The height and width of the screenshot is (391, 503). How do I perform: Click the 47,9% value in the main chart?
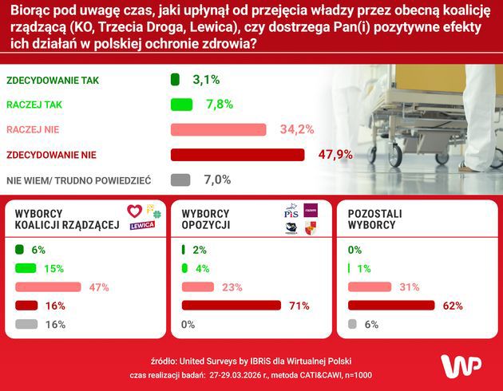tap(335, 154)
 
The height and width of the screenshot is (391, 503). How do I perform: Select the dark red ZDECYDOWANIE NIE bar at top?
tap(238, 154)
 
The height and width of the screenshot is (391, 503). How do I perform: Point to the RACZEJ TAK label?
tap(34, 105)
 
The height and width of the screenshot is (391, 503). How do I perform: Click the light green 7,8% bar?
tap(181, 105)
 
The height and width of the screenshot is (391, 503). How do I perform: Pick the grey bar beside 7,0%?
tap(180, 180)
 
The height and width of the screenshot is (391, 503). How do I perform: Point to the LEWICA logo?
tap(142, 225)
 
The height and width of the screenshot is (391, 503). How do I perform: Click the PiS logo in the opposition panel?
tap(291, 212)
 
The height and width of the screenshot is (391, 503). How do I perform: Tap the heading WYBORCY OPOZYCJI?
tap(206, 219)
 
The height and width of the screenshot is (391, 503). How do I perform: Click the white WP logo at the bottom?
tap(461, 366)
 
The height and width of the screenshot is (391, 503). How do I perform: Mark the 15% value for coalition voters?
tap(53, 268)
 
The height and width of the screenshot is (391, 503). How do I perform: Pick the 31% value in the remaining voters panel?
tap(409, 286)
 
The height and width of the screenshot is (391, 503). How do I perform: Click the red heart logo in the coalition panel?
tap(134, 211)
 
